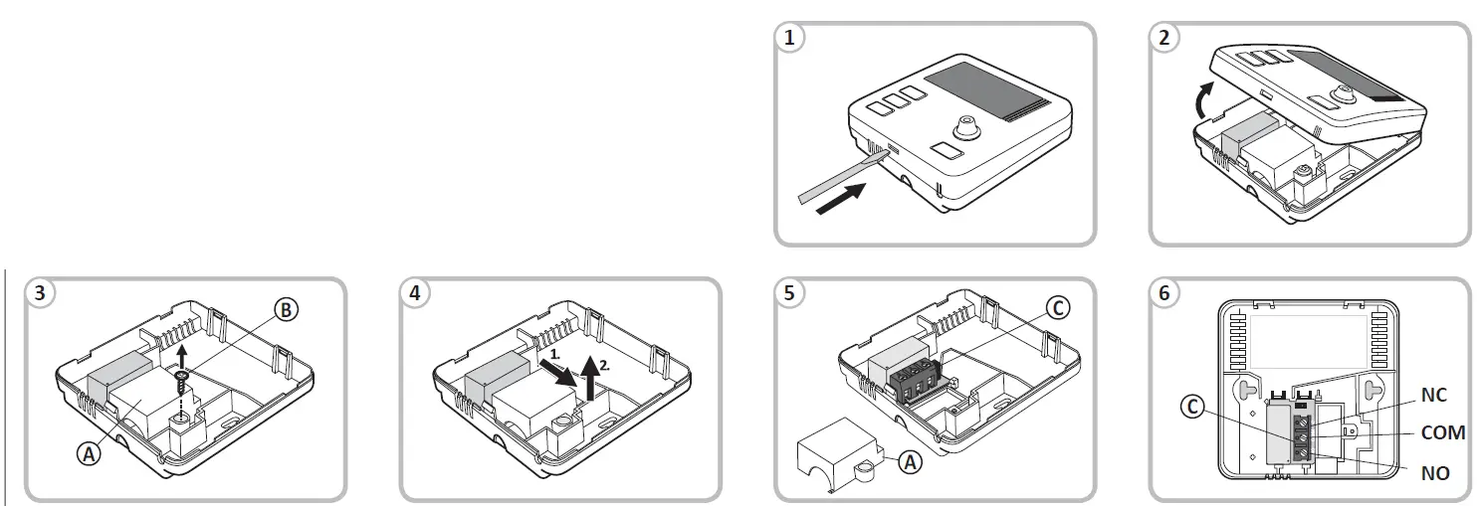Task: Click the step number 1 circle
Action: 790,38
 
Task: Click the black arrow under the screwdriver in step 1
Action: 841,200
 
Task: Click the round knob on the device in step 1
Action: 963,127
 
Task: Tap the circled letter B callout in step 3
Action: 285,310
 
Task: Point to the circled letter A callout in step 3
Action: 90,453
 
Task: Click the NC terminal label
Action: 1433,396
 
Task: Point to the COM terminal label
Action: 1442,433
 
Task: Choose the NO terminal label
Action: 1434,474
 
